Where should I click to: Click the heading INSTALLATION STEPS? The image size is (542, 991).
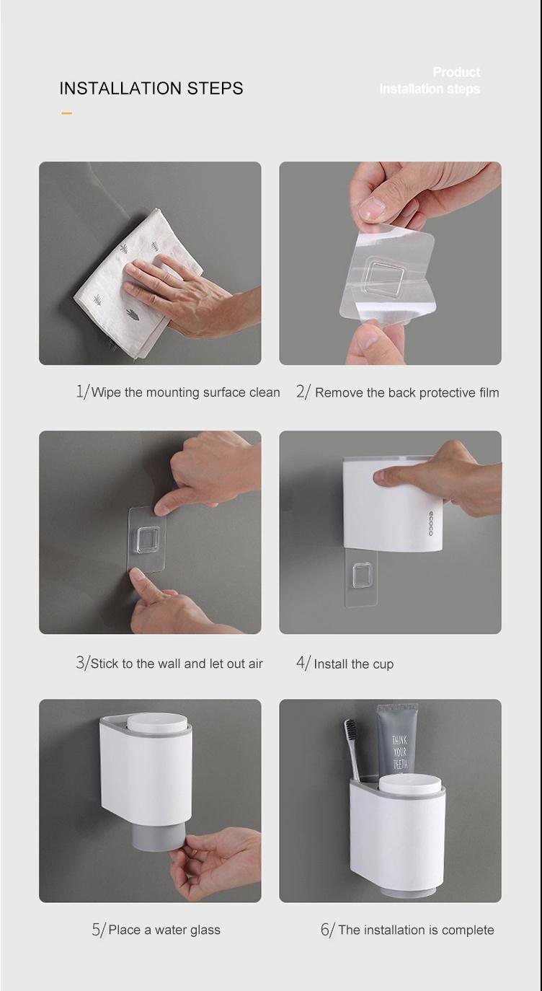click(151, 88)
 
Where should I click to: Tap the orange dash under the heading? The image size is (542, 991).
click(67, 113)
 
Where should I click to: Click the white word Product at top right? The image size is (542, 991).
click(456, 71)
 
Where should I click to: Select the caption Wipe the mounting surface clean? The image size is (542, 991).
click(186, 392)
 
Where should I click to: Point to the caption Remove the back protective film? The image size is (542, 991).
click(406, 393)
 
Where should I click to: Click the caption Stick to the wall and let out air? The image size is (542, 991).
click(177, 664)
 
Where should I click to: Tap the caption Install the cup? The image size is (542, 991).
click(354, 664)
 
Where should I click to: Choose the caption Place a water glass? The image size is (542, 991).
click(164, 930)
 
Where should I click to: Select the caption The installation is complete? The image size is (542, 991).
click(416, 930)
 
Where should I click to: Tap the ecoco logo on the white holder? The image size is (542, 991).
click(431, 523)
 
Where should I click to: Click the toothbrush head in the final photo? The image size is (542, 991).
click(350, 732)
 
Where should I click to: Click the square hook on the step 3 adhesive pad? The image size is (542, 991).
click(148, 539)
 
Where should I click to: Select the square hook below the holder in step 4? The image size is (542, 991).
click(361, 576)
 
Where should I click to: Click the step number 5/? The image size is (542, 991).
click(99, 930)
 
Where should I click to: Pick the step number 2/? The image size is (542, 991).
click(303, 392)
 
